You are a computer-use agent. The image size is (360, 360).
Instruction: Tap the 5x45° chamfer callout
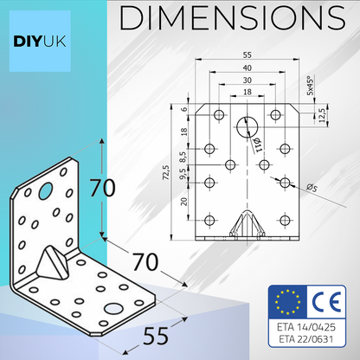310,89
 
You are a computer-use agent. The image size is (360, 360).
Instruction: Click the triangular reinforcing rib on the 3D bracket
53,260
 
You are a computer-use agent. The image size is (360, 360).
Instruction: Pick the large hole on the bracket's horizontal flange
113,309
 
